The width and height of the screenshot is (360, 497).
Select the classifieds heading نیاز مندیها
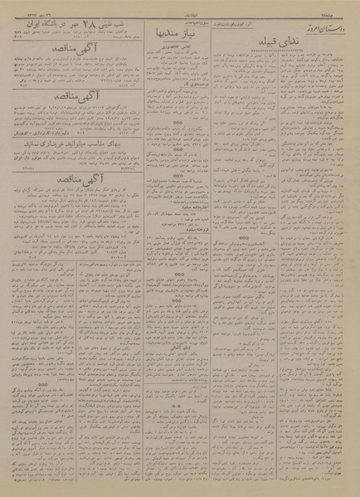point(177,37)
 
